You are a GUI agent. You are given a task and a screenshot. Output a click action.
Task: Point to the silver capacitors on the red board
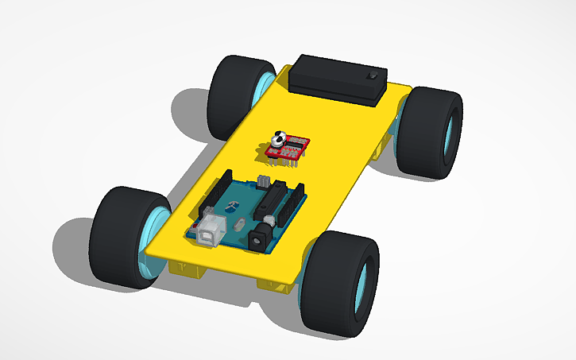click(279, 140)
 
